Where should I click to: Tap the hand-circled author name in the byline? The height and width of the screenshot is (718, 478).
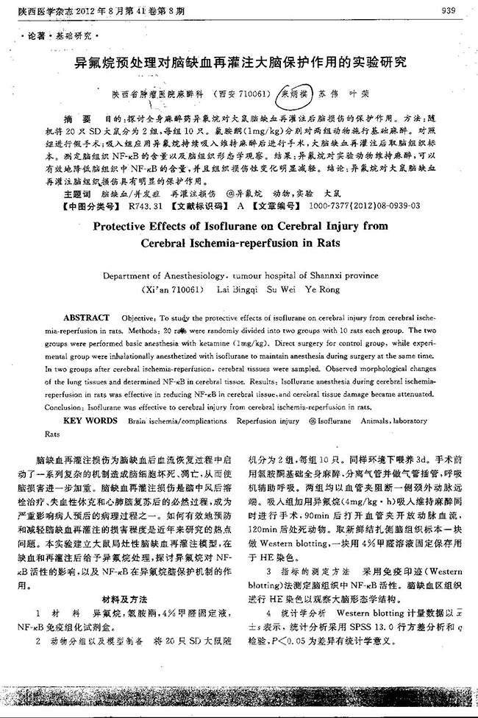(293, 95)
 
